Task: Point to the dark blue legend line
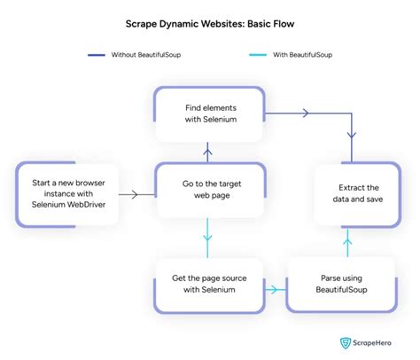coord(96,55)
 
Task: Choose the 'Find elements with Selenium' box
coord(209,113)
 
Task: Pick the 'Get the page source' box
coord(209,284)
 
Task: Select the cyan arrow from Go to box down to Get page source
coord(209,240)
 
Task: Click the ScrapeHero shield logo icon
coord(345,343)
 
